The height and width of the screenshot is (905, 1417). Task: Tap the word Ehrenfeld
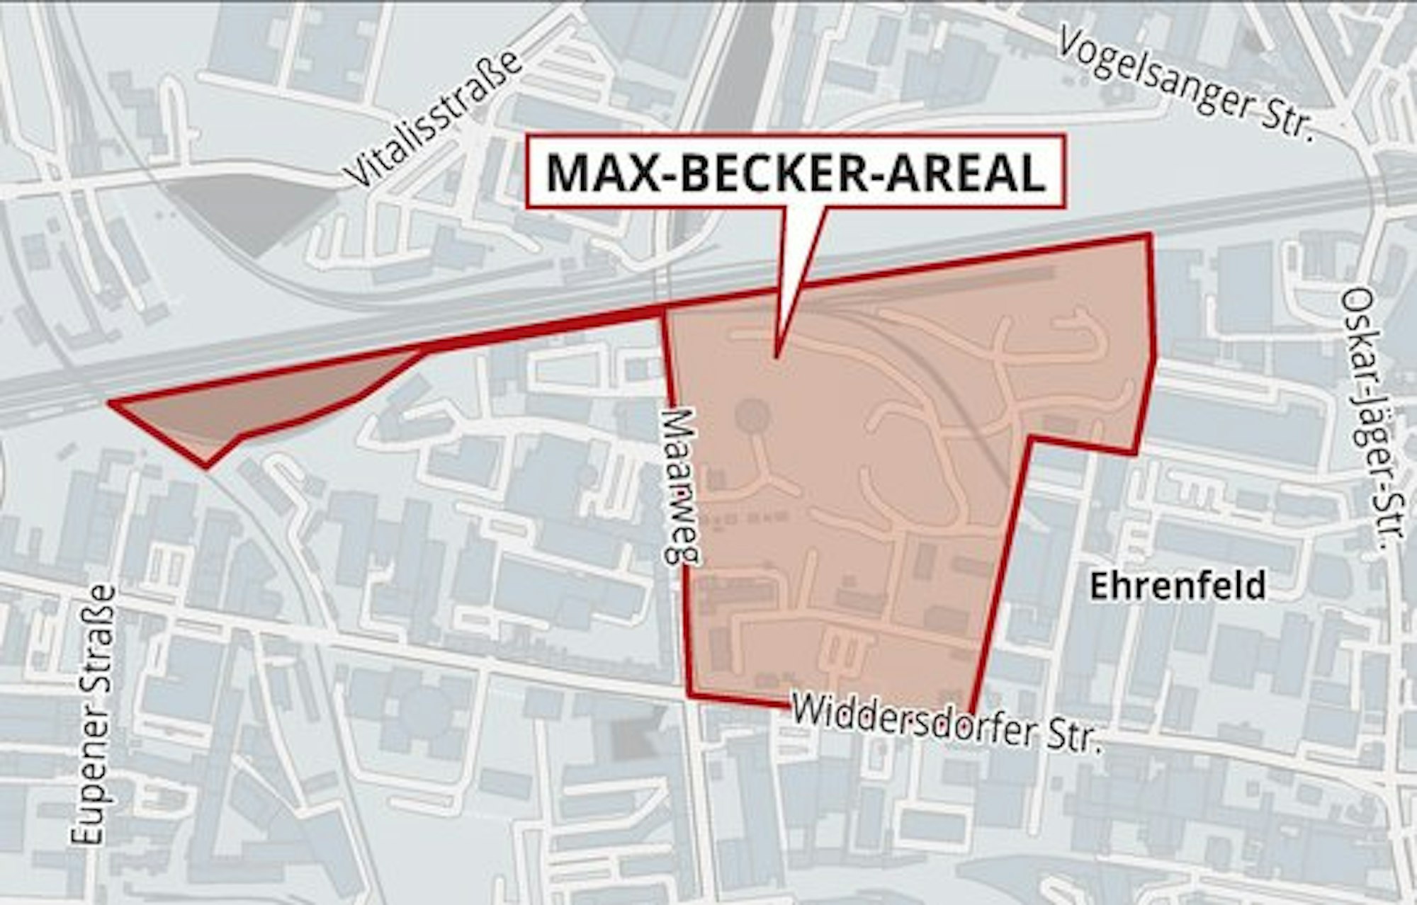[x=1177, y=586]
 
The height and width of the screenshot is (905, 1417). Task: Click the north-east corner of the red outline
[x=1148, y=235]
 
